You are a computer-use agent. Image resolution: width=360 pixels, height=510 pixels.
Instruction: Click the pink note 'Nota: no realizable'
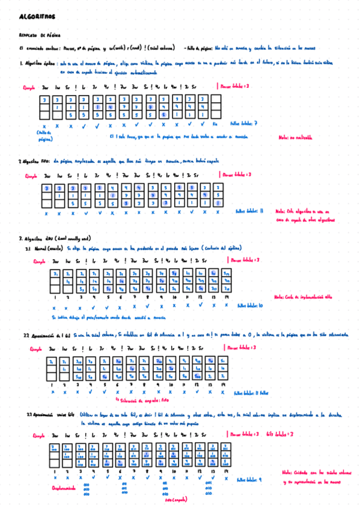coord(295,137)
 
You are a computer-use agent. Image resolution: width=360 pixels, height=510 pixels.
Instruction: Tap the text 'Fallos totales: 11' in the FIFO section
coord(249,211)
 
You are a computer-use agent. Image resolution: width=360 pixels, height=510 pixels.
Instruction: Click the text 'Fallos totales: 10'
coord(249,305)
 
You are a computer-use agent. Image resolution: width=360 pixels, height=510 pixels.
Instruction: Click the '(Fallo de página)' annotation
coord(45,135)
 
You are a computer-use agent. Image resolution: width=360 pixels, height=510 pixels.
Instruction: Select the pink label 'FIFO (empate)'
coord(175,500)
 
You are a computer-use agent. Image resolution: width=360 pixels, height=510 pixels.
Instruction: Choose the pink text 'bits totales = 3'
coord(279,433)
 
